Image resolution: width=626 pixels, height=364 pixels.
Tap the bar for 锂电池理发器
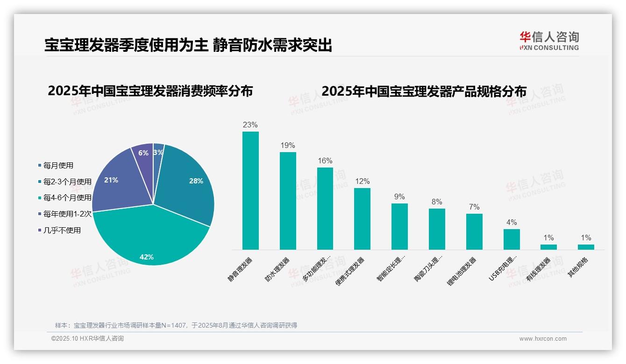pos(474,231)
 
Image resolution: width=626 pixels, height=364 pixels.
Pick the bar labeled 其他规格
pos(586,247)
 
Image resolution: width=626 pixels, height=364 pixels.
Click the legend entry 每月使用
pos(58,165)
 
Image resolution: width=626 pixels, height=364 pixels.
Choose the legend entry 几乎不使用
pos(62,230)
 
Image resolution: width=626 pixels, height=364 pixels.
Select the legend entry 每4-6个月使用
pos(67,197)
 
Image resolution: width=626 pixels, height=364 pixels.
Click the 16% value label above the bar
pos(325,161)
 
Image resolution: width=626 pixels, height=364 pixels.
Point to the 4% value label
pos(511,223)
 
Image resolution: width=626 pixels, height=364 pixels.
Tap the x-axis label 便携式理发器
pos(350,271)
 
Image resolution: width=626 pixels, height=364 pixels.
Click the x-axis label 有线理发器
pos(539,269)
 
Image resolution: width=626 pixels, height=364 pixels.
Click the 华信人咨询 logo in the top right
pos(549,41)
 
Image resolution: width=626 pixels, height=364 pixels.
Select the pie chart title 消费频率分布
pos(150,91)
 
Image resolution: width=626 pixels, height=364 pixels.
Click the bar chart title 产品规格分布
pos(424,91)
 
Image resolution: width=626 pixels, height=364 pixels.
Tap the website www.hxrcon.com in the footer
pos(542,339)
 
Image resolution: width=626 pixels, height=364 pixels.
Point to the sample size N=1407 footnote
pos(176,325)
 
